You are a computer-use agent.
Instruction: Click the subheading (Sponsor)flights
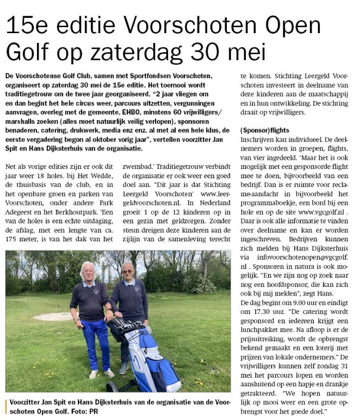coord(264,130)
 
